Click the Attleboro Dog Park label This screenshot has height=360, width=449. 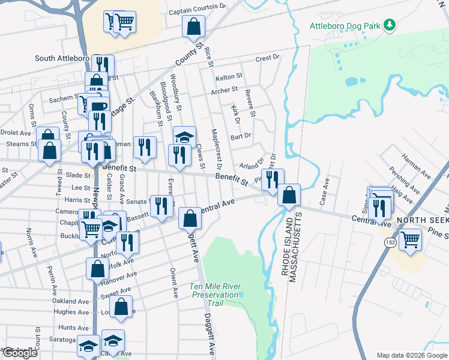(345, 26)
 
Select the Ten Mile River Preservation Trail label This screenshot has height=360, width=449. (215, 295)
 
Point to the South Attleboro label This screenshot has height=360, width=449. (62, 59)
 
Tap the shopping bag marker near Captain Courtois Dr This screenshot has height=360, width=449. (194, 26)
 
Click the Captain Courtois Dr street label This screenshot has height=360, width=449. (197, 11)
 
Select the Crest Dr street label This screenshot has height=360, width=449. (267, 59)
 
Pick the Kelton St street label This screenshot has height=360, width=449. (229, 77)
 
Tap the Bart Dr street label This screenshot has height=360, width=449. (240, 136)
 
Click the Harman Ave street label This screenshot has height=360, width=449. (416, 161)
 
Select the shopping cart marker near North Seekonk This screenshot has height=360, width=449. (410, 238)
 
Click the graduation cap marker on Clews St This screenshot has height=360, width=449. (184, 136)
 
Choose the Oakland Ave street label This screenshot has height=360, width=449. (70, 301)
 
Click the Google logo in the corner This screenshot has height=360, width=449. (20, 353)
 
